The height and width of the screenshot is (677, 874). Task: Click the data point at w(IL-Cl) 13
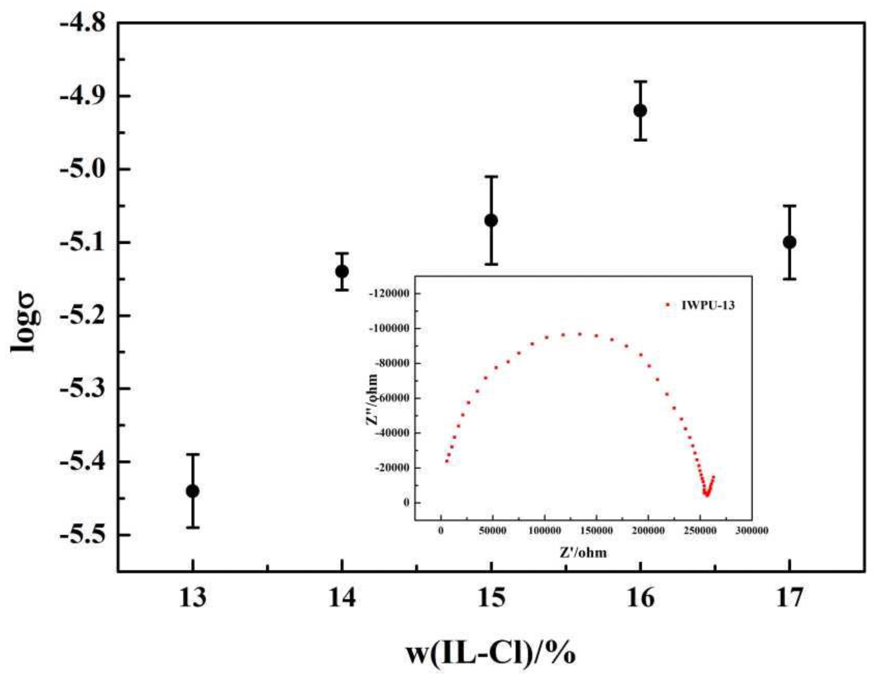192,491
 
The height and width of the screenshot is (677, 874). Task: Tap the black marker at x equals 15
491,221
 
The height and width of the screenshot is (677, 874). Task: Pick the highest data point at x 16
640,111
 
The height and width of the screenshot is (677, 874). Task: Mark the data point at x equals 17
790,242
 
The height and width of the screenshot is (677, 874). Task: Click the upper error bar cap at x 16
640,82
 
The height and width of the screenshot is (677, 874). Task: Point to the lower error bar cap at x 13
192,528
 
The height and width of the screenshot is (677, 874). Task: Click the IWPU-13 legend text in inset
708,306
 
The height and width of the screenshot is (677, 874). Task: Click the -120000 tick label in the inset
391,294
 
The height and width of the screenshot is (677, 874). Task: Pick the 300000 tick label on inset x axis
751,530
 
